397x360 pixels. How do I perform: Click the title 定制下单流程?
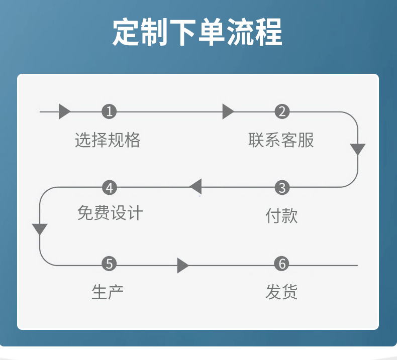click(197, 33)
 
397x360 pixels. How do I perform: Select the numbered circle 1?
click(109, 111)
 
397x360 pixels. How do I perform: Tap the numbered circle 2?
click(282, 111)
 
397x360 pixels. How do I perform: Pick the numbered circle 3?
click(282, 188)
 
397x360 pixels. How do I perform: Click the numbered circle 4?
click(109, 188)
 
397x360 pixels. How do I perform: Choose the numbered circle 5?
click(109, 264)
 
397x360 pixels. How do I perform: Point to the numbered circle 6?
click(282, 264)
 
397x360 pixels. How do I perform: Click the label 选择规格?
click(108, 140)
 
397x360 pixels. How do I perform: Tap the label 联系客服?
click(281, 140)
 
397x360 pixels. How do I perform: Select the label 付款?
click(281, 216)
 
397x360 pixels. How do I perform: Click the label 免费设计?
click(110, 213)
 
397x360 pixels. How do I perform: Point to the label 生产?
click(108, 292)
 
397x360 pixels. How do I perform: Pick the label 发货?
click(281, 292)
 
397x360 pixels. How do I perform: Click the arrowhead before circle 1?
click(64, 111)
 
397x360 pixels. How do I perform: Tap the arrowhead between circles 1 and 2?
click(228, 111)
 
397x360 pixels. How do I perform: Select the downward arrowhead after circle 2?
click(358, 150)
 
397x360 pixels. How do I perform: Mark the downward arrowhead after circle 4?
click(40, 230)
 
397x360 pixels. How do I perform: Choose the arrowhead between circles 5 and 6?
click(183, 265)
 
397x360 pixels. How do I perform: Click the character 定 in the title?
click(125, 33)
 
